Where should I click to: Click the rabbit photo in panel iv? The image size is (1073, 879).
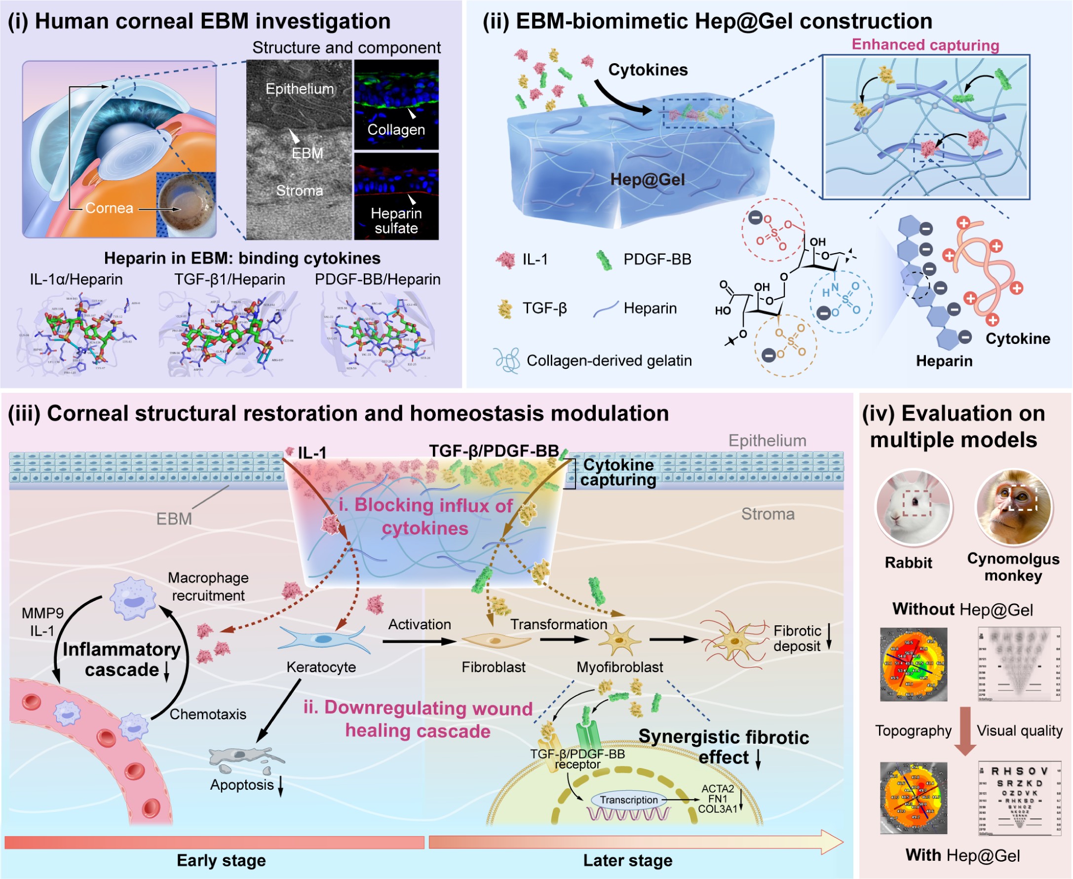click(914, 507)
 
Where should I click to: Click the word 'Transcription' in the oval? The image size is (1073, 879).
click(628, 800)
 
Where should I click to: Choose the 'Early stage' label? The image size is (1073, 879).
click(221, 860)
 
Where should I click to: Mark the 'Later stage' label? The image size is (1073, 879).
click(627, 860)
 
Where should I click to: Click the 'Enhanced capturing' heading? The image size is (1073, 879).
click(925, 45)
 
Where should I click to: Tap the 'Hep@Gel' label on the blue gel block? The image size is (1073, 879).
click(647, 180)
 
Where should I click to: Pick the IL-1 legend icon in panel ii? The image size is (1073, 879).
click(505, 260)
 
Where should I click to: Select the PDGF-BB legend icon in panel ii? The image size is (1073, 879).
click(604, 260)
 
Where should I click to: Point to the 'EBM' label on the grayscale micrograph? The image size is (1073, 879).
click(307, 153)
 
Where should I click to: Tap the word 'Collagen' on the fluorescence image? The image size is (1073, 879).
click(396, 130)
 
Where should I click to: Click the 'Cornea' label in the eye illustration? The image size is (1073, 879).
click(109, 208)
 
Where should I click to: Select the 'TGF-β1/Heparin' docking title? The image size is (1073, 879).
click(230, 279)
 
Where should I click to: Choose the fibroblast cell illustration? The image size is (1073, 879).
click(495, 641)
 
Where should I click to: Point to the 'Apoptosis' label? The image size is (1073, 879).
click(241, 785)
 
